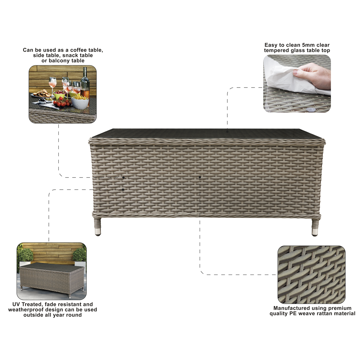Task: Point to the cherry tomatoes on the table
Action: click(62, 104)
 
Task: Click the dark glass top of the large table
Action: click(208, 133)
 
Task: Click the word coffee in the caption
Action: click(79, 50)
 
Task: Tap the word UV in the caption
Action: click(16, 304)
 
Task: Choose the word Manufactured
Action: click(291, 308)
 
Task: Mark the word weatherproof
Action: click(27, 310)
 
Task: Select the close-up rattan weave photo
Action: click(311, 275)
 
